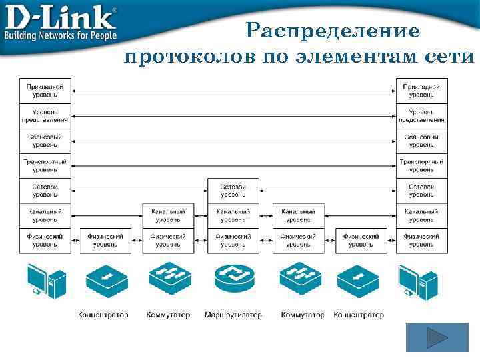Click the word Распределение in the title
[x=332, y=31]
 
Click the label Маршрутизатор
[x=233, y=315]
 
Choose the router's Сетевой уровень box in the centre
[x=233, y=191]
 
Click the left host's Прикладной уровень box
[x=45, y=91]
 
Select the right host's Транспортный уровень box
[x=421, y=165]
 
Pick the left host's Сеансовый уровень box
[x=45, y=141]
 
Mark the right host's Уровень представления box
[x=421, y=115]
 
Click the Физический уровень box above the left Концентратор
[x=105, y=240]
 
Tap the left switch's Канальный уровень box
[x=168, y=215]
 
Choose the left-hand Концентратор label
[x=103, y=315]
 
